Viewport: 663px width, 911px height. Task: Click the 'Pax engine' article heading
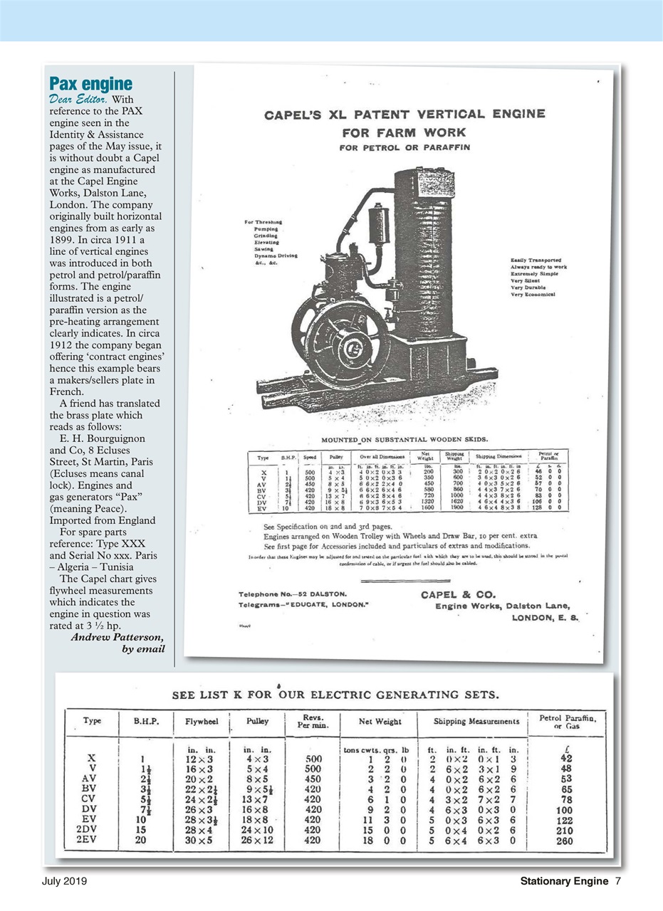[x=90, y=82]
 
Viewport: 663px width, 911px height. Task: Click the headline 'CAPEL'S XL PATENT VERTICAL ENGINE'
[x=405, y=115]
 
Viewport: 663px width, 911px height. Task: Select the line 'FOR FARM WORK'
[x=404, y=132]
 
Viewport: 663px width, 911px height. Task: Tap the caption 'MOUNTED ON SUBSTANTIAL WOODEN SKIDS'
[x=404, y=439]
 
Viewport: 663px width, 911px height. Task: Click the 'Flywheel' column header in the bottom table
[x=201, y=721]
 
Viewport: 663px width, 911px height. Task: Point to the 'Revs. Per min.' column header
[x=315, y=721]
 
